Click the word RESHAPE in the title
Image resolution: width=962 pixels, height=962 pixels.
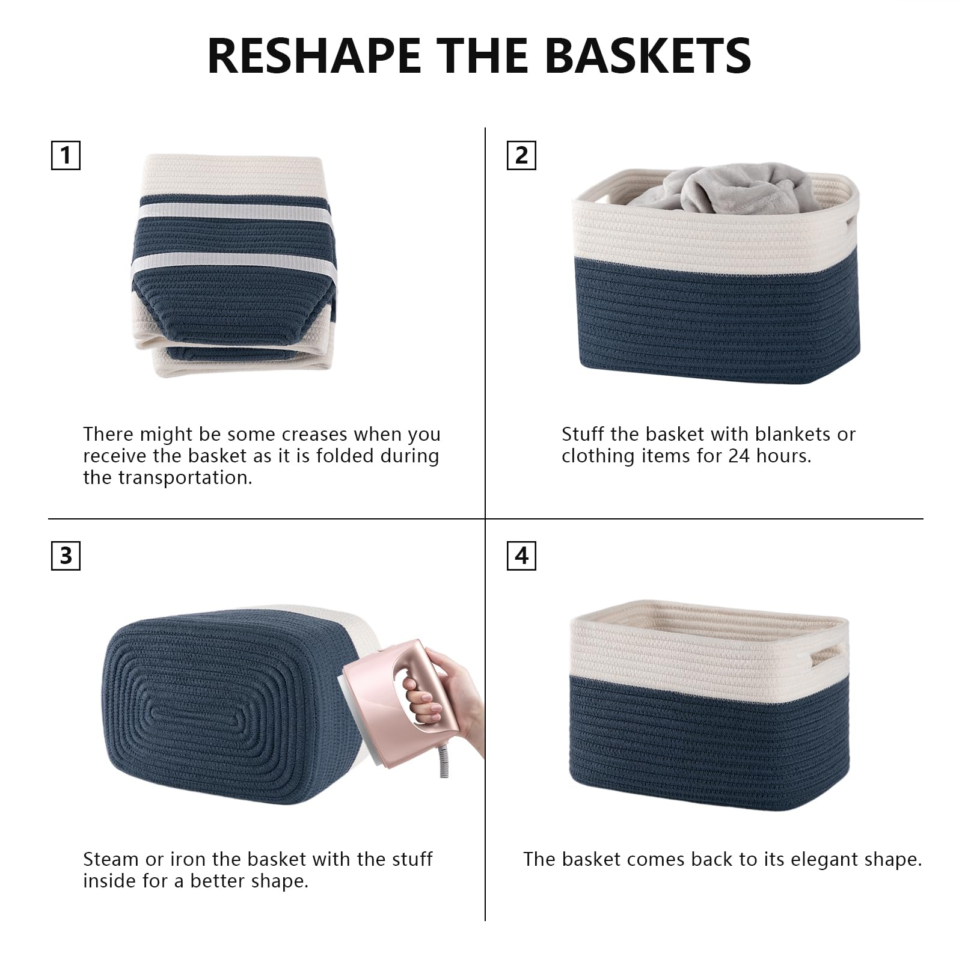pos(314,56)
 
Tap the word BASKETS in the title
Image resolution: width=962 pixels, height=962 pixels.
pos(648,56)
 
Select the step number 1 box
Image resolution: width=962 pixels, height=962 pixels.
pos(66,156)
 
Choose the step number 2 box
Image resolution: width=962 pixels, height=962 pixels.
pos(521,156)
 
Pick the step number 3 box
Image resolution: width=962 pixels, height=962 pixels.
pos(66,556)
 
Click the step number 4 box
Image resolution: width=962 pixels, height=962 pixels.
pos(521,556)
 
